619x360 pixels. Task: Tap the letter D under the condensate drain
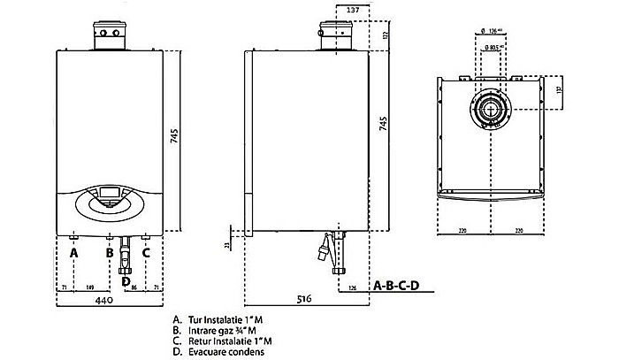point(126,281)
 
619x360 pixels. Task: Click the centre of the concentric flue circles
point(489,110)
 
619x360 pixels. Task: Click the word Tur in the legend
point(193,318)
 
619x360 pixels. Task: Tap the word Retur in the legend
point(197,339)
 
